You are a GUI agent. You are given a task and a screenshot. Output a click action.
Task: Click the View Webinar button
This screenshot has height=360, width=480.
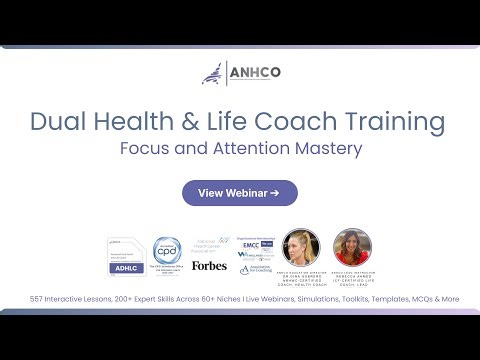(x=239, y=193)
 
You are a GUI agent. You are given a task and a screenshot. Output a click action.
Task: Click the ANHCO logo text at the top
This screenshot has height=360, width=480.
(x=256, y=74)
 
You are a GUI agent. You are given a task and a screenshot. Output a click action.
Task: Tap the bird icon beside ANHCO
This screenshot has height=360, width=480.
(x=213, y=74)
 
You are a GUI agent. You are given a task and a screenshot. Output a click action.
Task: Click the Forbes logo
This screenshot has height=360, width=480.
(x=209, y=265)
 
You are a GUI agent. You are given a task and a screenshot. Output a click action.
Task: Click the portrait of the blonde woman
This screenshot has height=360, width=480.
(x=300, y=247)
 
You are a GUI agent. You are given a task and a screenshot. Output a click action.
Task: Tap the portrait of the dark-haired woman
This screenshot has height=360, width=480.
(x=352, y=247)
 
